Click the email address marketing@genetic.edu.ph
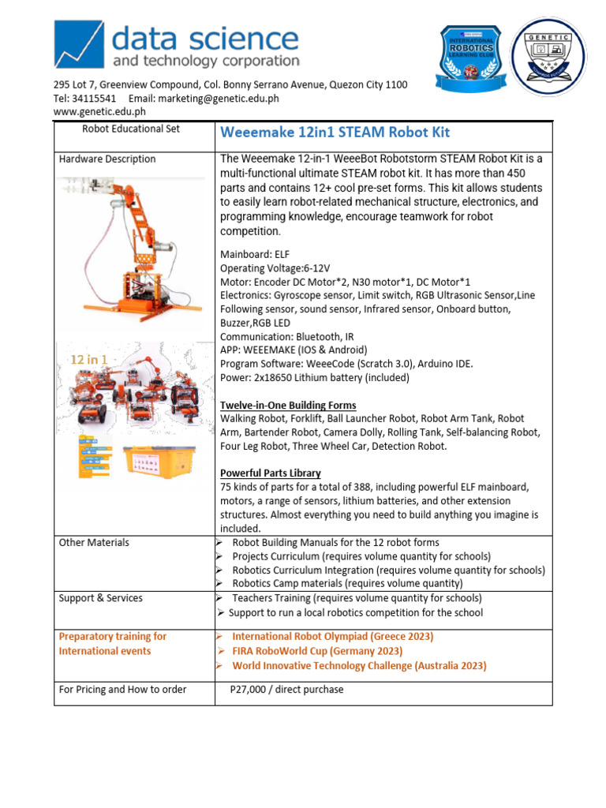pos(218,99)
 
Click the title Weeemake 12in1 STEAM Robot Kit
pos(335,132)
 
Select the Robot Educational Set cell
pos(131,129)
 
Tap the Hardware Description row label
pos(107,159)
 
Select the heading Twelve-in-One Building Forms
pos(288,405)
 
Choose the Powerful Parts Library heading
pos(270,473)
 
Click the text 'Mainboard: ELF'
pos(256,255)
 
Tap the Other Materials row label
pos(94,543)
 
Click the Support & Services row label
pos(100,598)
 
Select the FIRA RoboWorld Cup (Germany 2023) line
pos(317,651)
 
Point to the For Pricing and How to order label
pos(122,690)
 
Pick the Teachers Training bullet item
pos(357,598)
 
